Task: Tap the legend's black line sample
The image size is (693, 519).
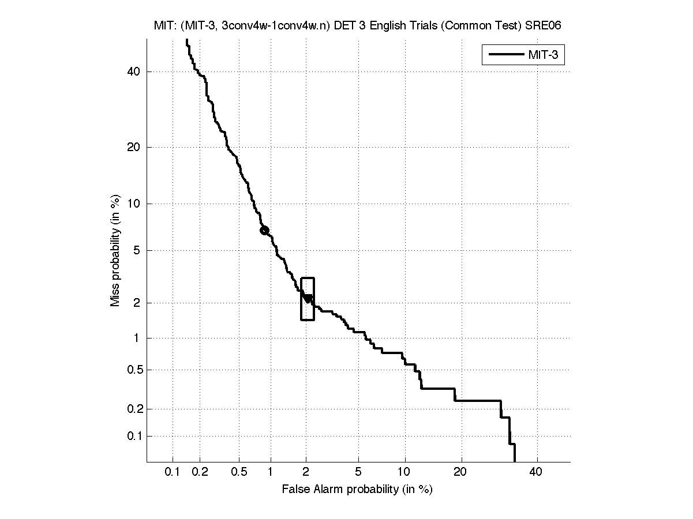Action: pos(505,55)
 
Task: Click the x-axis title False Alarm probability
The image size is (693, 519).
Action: pos(357,490)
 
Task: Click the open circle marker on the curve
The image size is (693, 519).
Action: pos(264,230)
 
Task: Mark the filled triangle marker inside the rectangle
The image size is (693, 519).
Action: pos(308,298)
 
